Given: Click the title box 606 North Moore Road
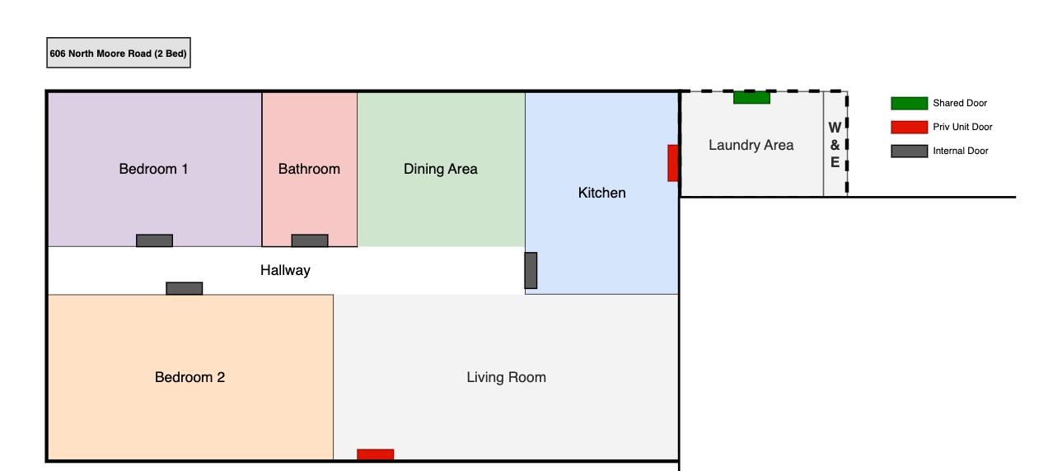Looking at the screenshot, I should click(x=119, y=54).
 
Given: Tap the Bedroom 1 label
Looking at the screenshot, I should click(x=154, y=169).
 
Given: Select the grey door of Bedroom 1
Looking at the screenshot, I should click(x=154, y=240).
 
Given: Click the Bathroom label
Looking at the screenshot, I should click(x=309, y=169).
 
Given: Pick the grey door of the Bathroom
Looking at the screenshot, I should click(x=310, y=240).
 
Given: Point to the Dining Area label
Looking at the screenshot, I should click(x=440, y=169).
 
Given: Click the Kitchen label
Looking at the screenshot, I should click(x=601, y=193).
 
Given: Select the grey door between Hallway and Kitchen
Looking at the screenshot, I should click(x=531, y=270).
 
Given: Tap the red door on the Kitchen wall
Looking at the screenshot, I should click(x=672, y=163).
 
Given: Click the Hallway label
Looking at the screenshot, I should click(x=285, y=270).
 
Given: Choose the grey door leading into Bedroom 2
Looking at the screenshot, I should click(x=185, y=288).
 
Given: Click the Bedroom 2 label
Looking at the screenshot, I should click(x=189, y=377).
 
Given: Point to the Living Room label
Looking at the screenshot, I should click(x=506, y=377).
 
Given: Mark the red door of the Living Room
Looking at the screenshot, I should click(x=375, y=454).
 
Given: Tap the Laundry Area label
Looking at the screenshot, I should click(x=751, y=145).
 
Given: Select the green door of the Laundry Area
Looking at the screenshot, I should click(x=751, y=97).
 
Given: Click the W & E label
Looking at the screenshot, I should click(x=835, y=145).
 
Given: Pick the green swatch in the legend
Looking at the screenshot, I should click(x=909, y=103).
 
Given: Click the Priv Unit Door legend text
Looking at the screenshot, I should click(x=962, y=127).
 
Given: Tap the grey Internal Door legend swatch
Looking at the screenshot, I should click(x=909, y=151).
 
